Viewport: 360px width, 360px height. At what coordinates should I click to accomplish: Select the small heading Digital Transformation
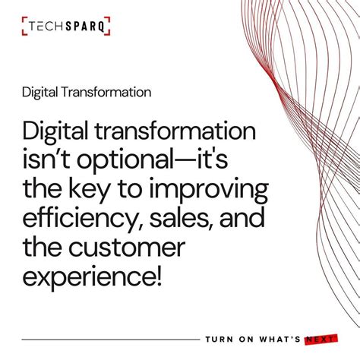click(86, 92)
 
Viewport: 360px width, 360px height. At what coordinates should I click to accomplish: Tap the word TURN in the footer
click(219, 339)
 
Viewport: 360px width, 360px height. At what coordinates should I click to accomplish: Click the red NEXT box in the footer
click(318, 339)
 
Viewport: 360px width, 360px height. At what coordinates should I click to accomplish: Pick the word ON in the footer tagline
click(245, 339)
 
